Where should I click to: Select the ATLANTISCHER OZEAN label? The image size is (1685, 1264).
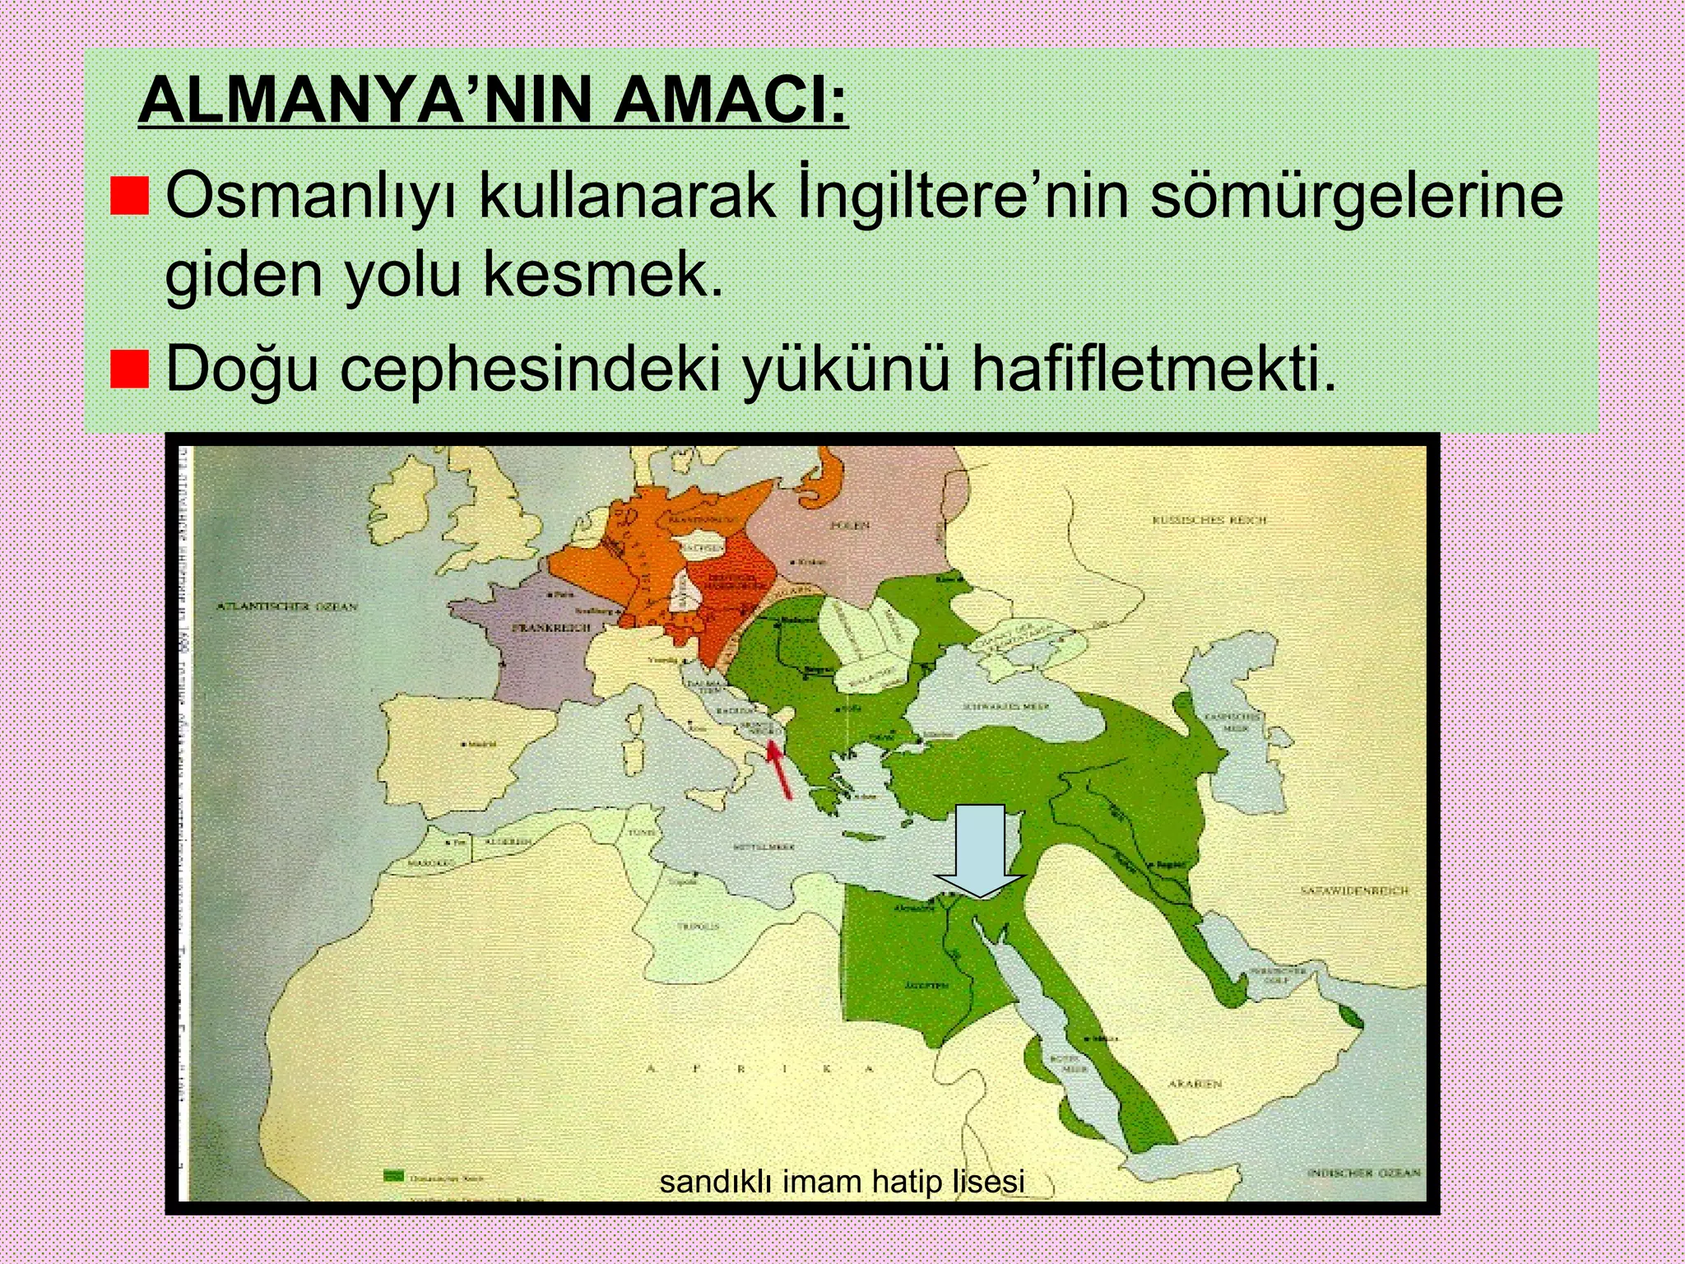288,606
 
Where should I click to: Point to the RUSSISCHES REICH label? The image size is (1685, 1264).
1209,520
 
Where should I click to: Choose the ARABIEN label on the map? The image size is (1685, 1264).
1195,1084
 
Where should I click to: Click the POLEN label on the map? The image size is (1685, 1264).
851,525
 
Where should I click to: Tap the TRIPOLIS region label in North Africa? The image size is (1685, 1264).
698,926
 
